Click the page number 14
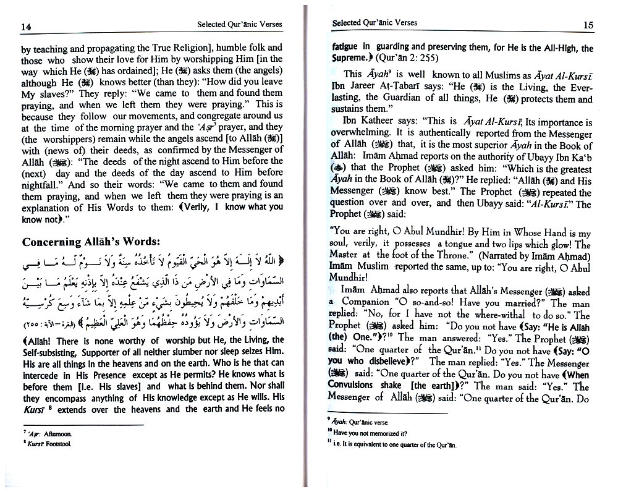pyautogui.click(x=26, y=28)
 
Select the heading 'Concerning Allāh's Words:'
pyautogui.click(x=90, y=242)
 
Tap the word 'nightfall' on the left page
pyautogui.click(x=44, y=184)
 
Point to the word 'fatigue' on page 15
pyautogui.click(x=347, y=47)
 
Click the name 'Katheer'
pyautogui.click(x=382, y=122)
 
